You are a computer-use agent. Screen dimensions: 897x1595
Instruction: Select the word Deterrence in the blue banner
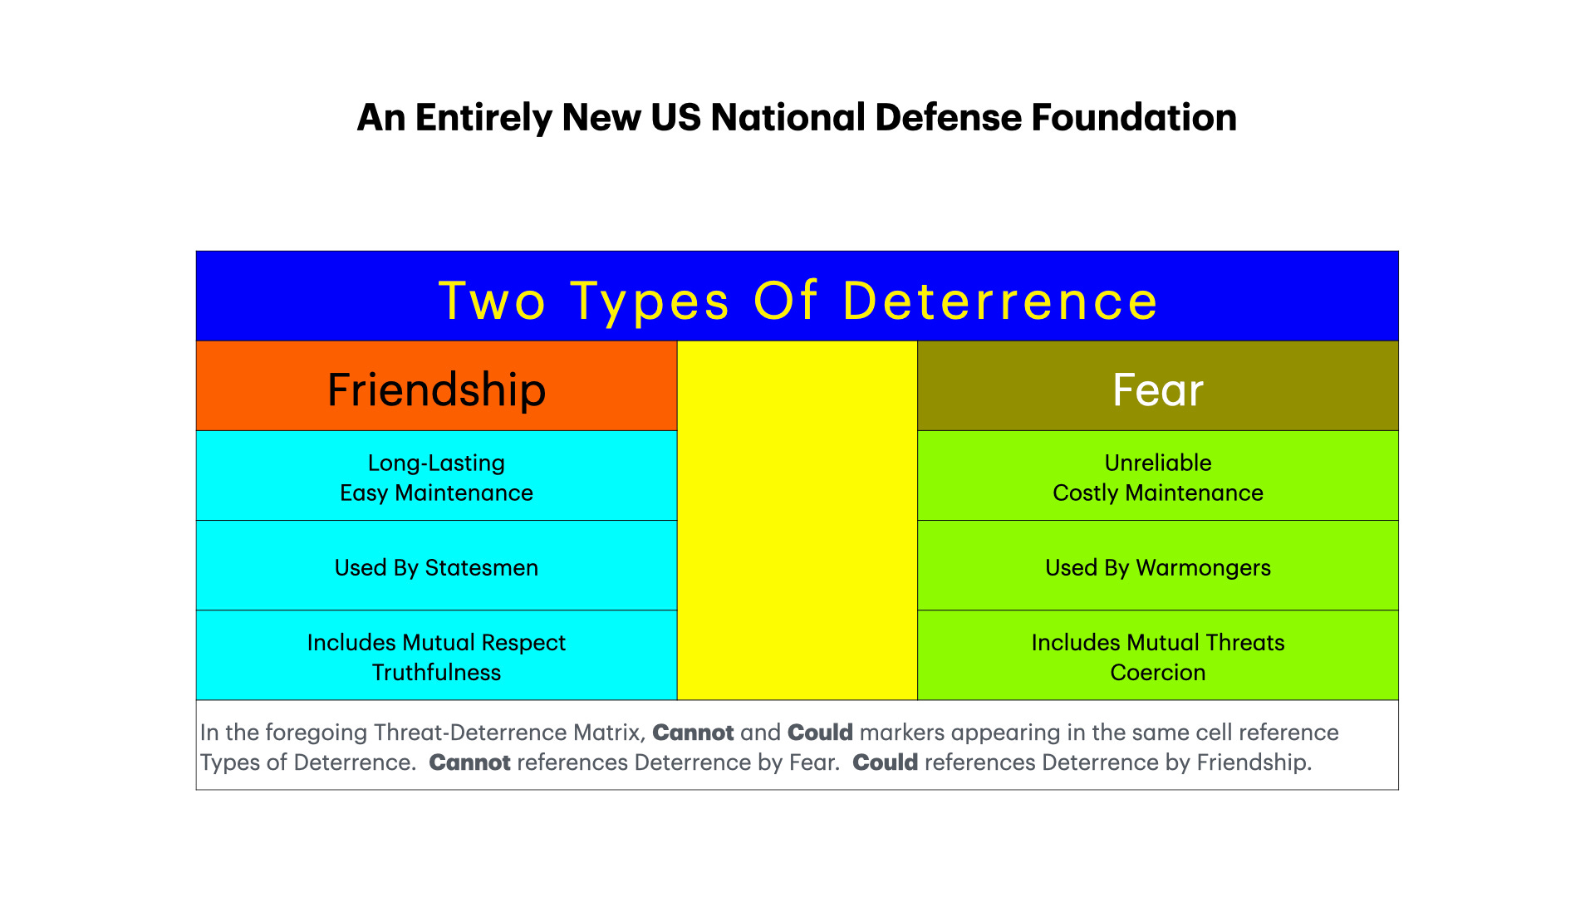(x=999, y=301)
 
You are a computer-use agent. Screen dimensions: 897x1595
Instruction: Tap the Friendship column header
(x=436, y=390)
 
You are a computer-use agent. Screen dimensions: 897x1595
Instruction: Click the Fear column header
(x=1157, y=390)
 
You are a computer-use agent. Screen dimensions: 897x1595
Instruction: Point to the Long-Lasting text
(x=436, y=463)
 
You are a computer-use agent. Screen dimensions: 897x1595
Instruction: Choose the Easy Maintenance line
(x=436, y=493)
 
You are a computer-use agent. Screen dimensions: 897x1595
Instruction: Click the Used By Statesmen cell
(x=436, y=567)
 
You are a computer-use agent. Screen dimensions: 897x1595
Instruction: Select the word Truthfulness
(x=436, y=672)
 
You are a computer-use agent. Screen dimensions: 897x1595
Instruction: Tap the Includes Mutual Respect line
(x=436, y=642)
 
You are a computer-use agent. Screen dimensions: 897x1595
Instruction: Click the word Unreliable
(x=1157, y=463)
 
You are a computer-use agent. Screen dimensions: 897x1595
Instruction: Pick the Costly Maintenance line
(x=1157, y=493)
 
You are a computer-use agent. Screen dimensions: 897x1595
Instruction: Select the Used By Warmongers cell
(x=1157, y=567)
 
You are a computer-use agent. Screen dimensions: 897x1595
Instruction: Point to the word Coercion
(x=1157, y=672)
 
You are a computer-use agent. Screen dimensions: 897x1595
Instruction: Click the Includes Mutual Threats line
(x=1157, y=642)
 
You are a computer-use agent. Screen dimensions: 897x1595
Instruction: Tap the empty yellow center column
(x=797, y=521)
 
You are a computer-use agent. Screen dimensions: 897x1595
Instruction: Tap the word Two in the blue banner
(x=492, y=301)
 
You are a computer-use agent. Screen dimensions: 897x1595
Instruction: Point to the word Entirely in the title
(x=483, y=118)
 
